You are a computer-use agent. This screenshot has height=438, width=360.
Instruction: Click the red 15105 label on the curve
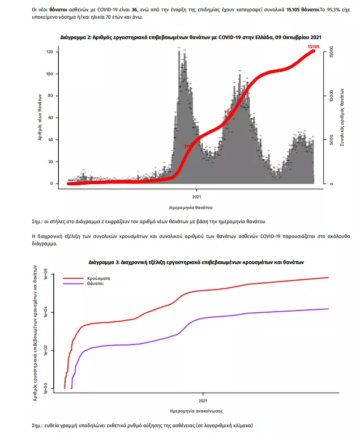[315, 46]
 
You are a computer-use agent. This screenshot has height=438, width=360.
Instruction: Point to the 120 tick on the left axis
[49, 52]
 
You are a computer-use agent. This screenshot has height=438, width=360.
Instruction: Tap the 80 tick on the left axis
[50, 96]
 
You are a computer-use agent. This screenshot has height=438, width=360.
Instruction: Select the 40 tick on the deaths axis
[50, 140]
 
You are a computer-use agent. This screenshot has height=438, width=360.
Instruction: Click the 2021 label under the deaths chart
[195, 196]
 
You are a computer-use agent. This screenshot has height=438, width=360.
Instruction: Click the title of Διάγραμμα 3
[196, 262]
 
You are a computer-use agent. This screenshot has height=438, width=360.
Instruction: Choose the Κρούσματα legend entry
[98, 278]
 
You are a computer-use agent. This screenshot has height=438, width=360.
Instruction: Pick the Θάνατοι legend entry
[96, 284]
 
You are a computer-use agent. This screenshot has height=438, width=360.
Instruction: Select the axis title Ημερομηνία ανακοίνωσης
[196, 410]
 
